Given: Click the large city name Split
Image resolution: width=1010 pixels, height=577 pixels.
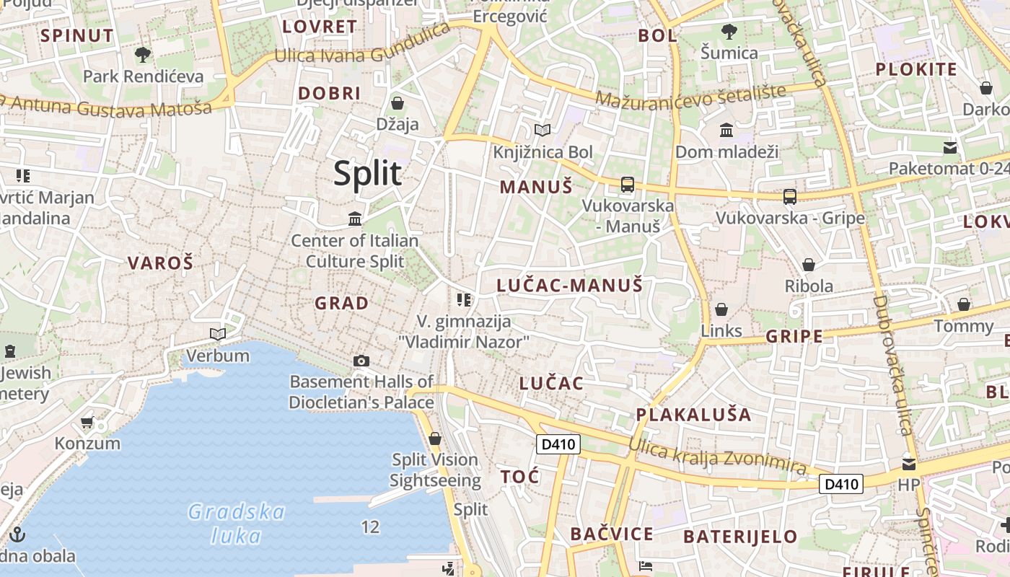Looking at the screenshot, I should click(367, 174).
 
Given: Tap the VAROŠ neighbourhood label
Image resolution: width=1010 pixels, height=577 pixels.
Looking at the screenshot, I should click(161, 263).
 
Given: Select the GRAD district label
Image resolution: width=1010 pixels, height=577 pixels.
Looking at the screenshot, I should click(341, 303).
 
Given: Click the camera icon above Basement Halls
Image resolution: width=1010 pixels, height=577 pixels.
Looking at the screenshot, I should click(361, 361).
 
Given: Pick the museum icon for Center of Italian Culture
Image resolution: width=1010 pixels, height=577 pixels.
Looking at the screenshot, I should click(355, 219).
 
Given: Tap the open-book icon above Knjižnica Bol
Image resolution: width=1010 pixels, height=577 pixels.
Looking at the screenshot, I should click(542, 131).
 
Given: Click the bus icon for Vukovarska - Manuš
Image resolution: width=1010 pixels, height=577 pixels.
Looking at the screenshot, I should click(628, 185).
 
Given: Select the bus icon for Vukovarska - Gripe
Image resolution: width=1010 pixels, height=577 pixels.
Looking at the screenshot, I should click(790, 196).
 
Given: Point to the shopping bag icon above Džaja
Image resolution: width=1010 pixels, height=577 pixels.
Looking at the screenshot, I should click(397, 103).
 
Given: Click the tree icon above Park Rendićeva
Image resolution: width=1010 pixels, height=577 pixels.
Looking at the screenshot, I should click(143, 54).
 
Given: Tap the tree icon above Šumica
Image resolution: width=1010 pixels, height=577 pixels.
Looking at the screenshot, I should click(729, 31).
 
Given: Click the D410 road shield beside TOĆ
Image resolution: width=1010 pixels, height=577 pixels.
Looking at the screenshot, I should click(558, 444).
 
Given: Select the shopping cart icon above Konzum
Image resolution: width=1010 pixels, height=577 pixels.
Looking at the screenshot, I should click(87, 422).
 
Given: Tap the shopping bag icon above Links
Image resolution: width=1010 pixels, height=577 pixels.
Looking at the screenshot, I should click(721, 309).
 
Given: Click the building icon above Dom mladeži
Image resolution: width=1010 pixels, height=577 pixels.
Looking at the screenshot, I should click(726, 131).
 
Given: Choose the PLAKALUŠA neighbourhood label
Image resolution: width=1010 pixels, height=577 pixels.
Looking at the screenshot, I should click(693, 415).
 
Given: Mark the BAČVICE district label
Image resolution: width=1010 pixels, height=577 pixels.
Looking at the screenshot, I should click(611, 534).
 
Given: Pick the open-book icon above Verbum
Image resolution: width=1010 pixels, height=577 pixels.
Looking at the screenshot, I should click(217, 334).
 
